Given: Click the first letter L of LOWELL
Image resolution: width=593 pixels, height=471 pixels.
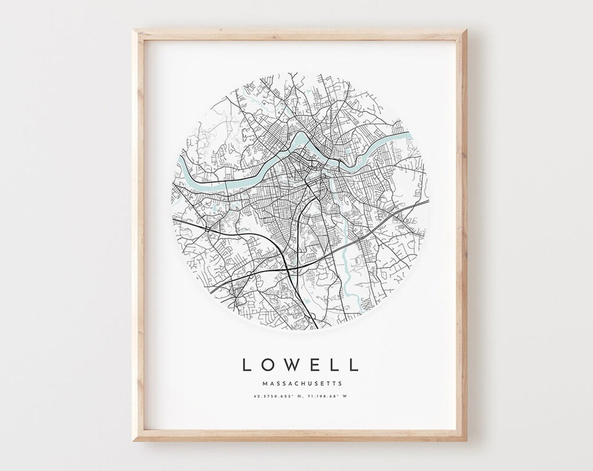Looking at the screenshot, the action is tap(247, 365).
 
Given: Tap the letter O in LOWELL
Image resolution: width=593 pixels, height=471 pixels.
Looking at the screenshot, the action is tap(267, 365).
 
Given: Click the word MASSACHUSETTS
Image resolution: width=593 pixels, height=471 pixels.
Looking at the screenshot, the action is tap(302, 384).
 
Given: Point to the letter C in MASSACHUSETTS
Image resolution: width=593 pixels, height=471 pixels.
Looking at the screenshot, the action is tap(294, 384).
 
